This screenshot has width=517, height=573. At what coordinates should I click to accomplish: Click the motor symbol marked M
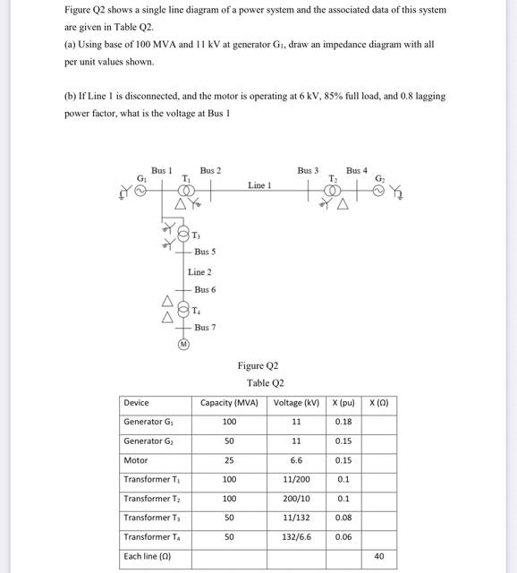click(184, 343)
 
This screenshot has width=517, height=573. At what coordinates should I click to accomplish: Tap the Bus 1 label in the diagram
click(162, 170)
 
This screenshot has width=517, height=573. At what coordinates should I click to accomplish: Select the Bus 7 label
click(205, 328)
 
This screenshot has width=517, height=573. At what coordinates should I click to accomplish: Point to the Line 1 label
click(258, 185)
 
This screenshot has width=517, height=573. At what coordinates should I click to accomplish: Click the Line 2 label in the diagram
click(199, 271)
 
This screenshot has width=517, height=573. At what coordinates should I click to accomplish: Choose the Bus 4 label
click(356, 170)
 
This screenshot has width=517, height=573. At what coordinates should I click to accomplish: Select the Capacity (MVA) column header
click(229, 403)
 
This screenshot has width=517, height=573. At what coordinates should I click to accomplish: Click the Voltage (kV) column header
click(296, 403)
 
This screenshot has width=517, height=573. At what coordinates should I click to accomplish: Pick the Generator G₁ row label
click(143, 422)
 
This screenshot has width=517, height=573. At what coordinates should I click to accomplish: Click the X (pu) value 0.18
click(343, 422)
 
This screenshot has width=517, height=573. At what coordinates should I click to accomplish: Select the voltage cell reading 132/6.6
click(296, 536)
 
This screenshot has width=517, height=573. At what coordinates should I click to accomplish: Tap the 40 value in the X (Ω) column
click(378, 556)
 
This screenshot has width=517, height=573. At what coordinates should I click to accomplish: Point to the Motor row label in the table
click(136, 460)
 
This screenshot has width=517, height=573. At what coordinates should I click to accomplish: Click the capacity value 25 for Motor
click(229, 460)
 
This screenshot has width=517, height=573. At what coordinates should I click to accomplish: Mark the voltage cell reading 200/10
click(296, 498)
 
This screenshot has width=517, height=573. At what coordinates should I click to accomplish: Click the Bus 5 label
click(205, 252)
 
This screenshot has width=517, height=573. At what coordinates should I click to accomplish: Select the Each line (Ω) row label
click(148, 556)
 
